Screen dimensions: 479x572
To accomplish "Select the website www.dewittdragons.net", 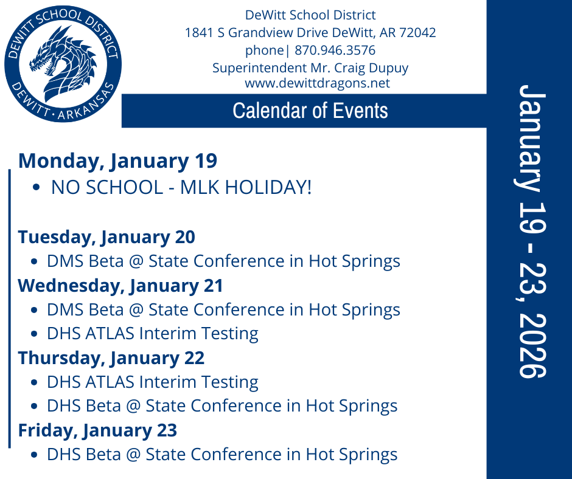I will tap(317, 83).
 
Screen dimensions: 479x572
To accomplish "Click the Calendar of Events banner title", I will tap(310, 111).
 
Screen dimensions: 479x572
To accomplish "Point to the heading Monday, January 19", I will tap(117, 161).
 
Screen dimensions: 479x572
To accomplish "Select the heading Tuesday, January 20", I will tap(106, 237).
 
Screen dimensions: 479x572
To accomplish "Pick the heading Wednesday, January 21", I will tap(120, 285).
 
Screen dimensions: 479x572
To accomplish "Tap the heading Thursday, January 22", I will tap(111, 358).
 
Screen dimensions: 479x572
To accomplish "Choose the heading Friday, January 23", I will tap(97, 430).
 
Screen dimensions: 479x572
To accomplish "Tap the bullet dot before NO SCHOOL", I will tap(38, 188).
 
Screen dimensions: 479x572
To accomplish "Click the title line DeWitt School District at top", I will tap(310, 15).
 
